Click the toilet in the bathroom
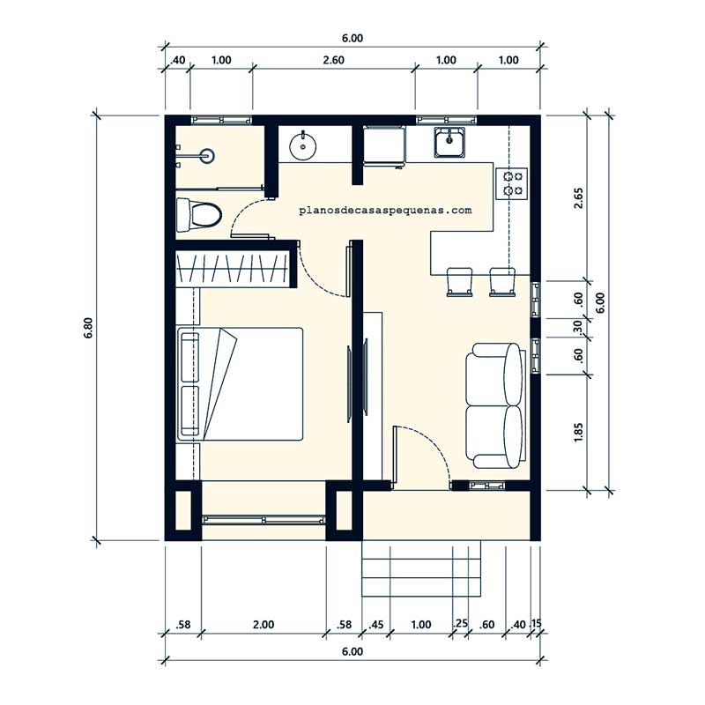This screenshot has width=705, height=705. pyautogui.click(x=199, y=214)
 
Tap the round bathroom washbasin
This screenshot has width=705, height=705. pyautogui.click(x=302, y=145)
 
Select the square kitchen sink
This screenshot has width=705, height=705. pyautogui.click(x=449, y=142)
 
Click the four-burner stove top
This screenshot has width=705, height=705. pyautogui.click(x=512, y=183)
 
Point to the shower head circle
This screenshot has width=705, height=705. pyautogui.click(x=208, y=156)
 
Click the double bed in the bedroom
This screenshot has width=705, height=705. pyautogui.click(x=240, y=383)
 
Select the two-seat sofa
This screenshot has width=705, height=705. pyautogui.click(x=494, y=405)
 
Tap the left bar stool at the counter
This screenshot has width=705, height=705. pyautogui.click(x=459, y=282)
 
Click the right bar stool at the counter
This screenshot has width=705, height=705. pyautogui.click(x=502, y=282)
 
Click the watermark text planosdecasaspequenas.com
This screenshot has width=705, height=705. pyautogui.click(x=385, y=210)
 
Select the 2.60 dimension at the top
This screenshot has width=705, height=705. pyautogui.click(x=334, y=60)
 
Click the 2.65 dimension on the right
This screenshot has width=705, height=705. pyautogui.click(x=578, y=197)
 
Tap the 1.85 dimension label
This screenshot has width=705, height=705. pyautogui.click(x=578, y=432)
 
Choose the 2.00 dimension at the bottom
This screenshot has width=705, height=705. pyautogui.click(x=263, y=625)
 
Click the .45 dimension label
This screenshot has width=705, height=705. pyautogui.click(x=376, y=625)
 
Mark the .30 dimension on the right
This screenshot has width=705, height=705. pyautogui.click(x=578, y=327)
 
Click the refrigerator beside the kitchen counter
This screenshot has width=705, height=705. pyautogui.click(x=384, y=146)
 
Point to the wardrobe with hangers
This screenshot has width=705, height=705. pyautogui.click(x=233, y=270)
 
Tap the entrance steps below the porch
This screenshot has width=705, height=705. pyautogui.click(x=421, y=568)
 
